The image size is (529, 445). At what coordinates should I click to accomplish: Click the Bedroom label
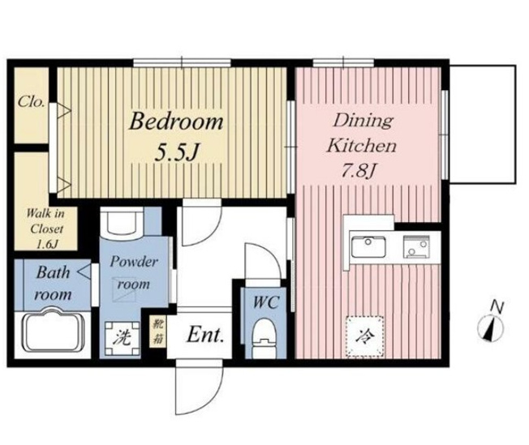point(176,122)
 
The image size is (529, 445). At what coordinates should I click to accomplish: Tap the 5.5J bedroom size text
point(176,152)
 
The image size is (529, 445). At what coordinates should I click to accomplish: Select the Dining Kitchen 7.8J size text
point(359,171)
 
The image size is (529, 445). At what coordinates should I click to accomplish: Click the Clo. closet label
point(32,101)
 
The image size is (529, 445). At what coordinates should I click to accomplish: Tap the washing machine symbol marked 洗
point(123,339)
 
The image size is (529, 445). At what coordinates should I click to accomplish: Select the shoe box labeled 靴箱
point(157,332)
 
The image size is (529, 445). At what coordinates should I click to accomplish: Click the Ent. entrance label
point(205,335)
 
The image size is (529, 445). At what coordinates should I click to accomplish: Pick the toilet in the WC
point(264,338)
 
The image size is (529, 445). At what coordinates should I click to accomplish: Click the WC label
point(266,302)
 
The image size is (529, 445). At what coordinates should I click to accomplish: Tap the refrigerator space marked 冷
point(365,336)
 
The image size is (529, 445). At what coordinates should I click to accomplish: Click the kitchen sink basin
point(368,246)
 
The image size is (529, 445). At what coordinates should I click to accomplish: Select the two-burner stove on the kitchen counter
point(417,246)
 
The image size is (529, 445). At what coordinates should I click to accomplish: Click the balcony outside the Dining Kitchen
point(483,124)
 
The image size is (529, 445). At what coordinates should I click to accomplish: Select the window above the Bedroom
point(183,62)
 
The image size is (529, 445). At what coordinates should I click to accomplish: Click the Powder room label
point(134,272)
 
